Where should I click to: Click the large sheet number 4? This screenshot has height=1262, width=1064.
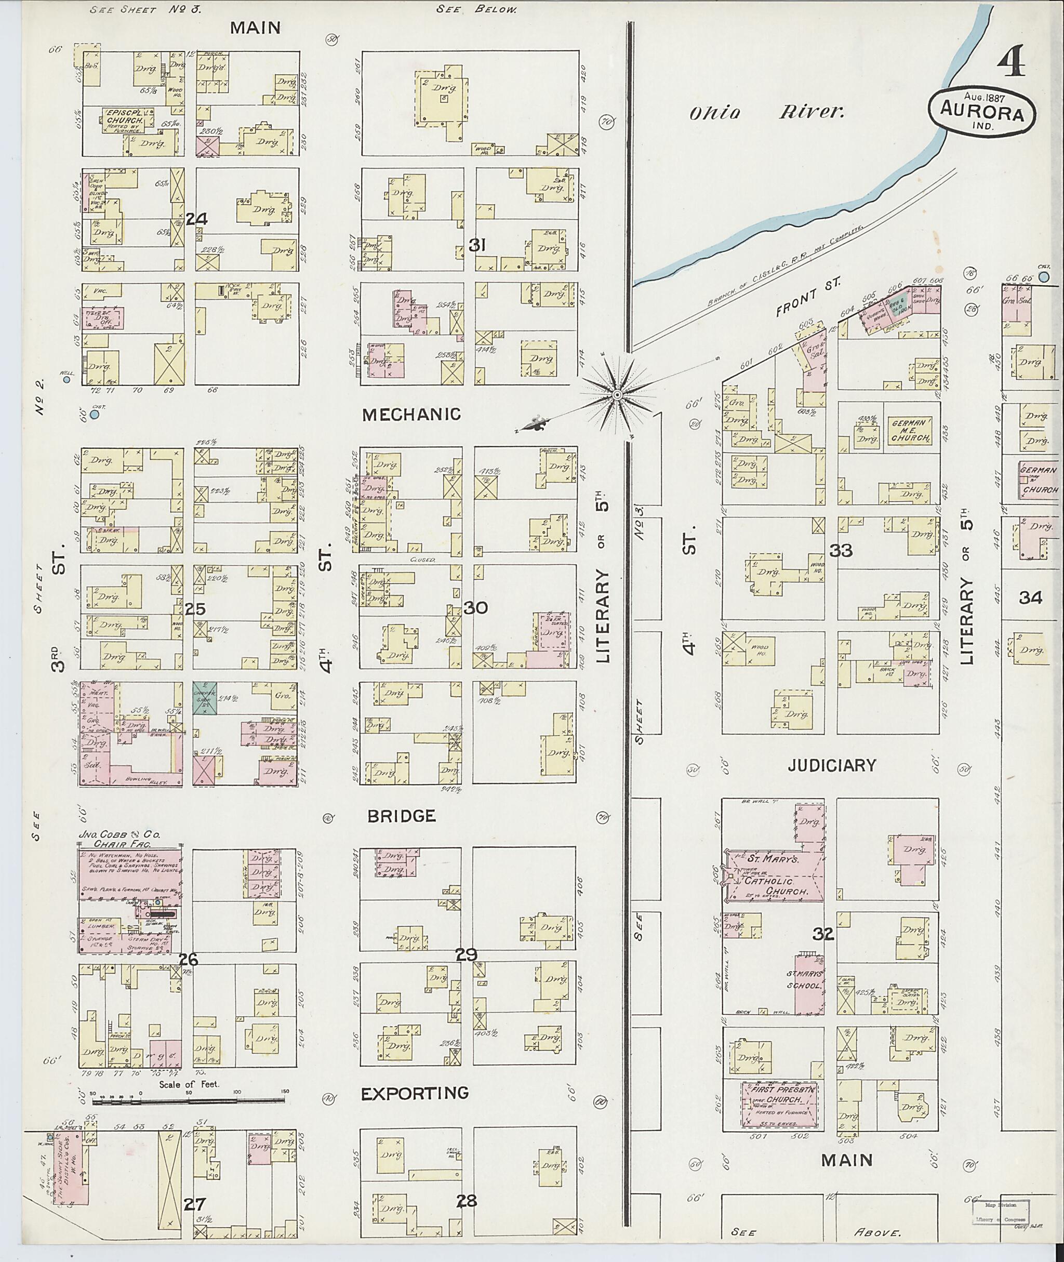tap(1012, 64)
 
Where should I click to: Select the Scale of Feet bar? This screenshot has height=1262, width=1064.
tap(190, 1101)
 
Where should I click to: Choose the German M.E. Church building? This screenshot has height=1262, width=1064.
tap(909, 430)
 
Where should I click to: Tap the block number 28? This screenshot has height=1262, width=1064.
tap(465, 1201)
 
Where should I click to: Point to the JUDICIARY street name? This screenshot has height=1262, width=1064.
tap(831, 765)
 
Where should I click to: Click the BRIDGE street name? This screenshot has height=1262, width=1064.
tap(401, 816)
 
